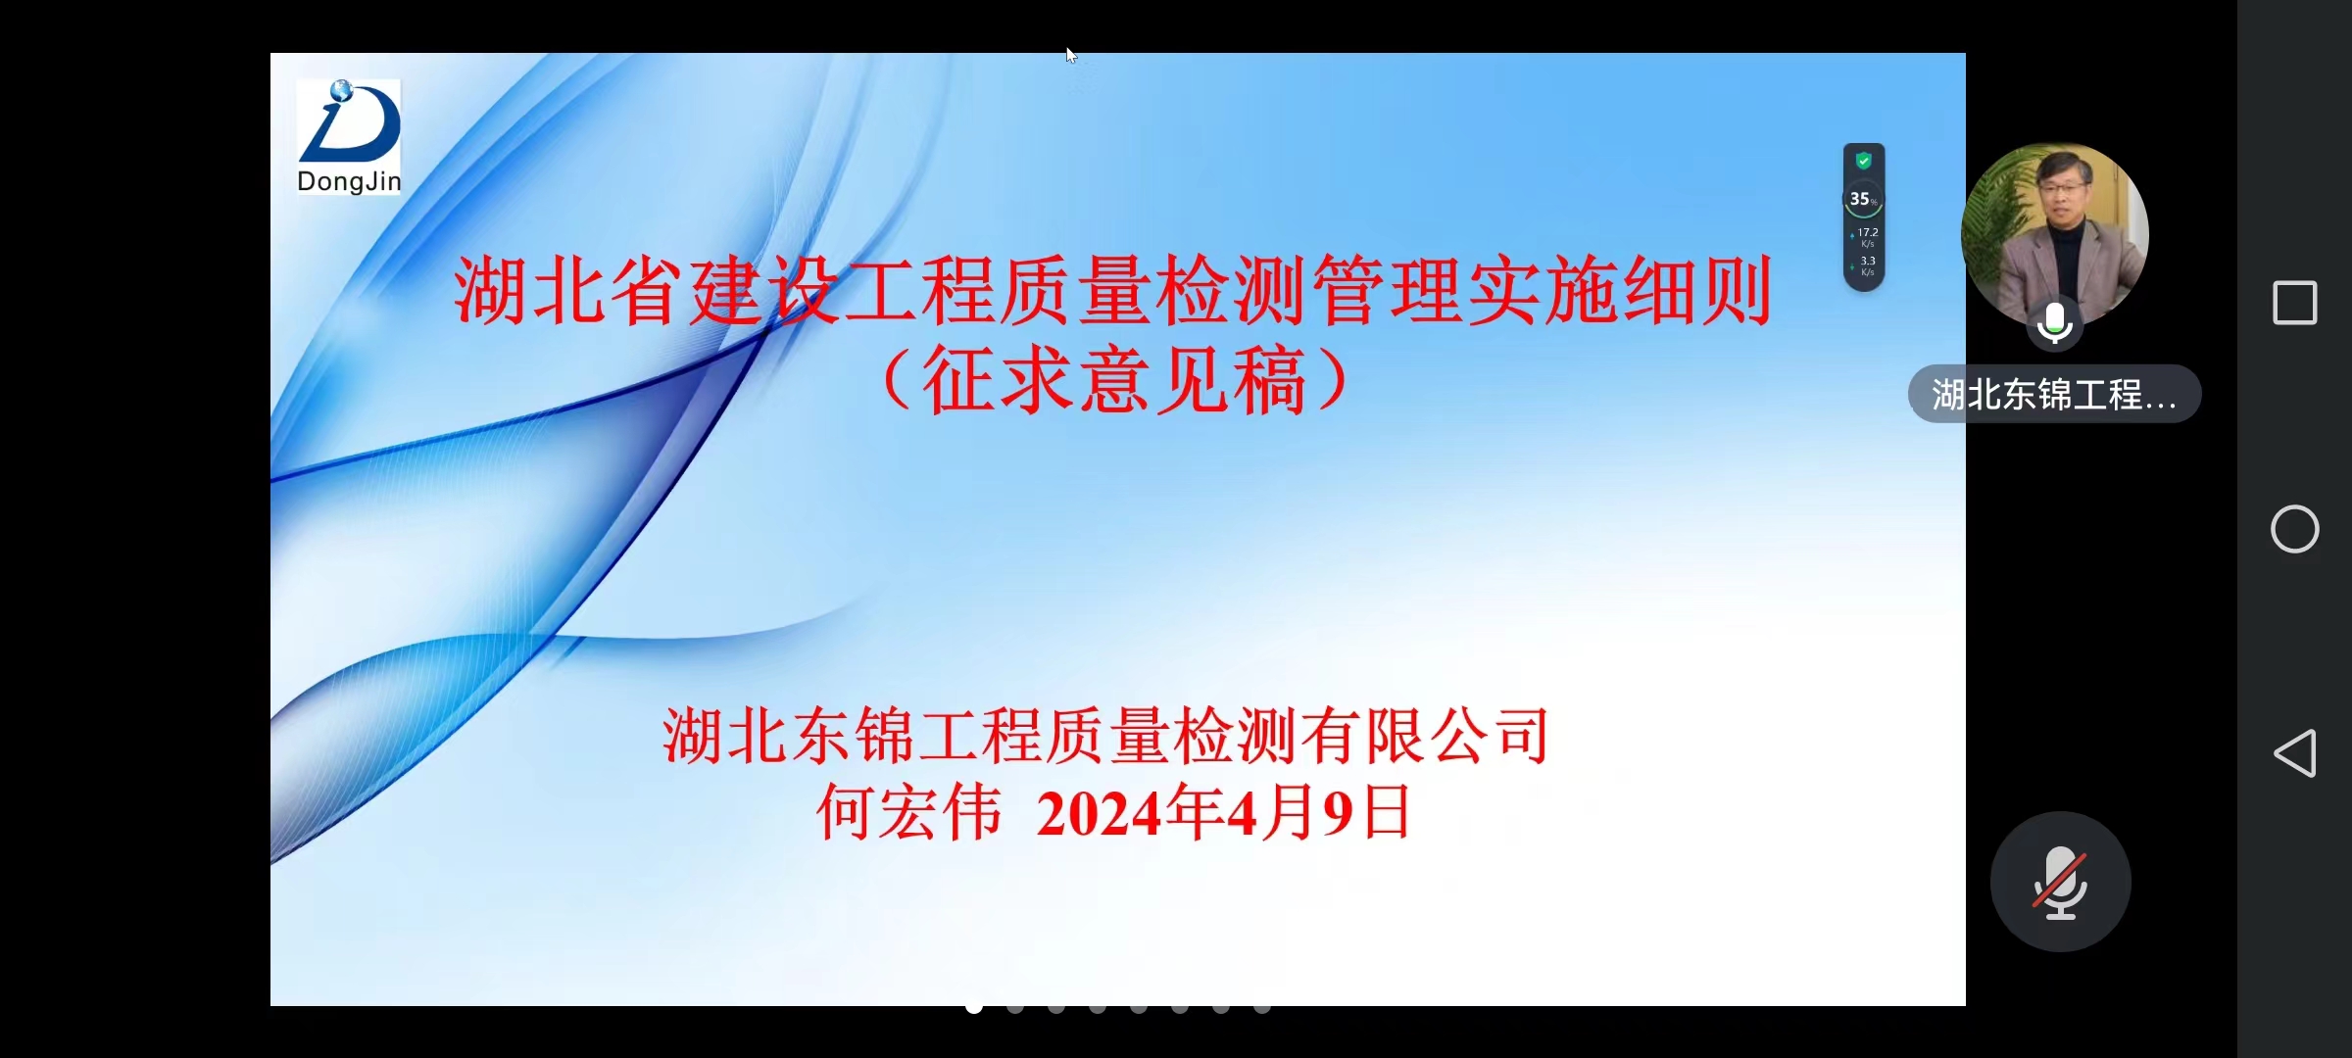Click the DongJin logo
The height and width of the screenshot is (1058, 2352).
tap(349, 137)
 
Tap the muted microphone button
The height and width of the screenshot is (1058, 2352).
tap(2060, 882)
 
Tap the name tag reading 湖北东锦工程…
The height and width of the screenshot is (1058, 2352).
tap(2054, 394)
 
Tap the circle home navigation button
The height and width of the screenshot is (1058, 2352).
tap(2294, 529)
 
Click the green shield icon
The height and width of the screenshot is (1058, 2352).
tap(1864, 161)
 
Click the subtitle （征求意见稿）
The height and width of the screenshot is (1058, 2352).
tap(1114, 380)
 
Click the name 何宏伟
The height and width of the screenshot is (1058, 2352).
tap(909, 812)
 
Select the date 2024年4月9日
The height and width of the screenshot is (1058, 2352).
tap(1223, 812)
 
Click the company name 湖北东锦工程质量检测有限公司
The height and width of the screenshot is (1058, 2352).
tap(1105, 736)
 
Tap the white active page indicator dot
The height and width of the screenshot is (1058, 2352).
tap(974, 1007)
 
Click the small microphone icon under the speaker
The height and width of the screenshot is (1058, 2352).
tap(2054, 323)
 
